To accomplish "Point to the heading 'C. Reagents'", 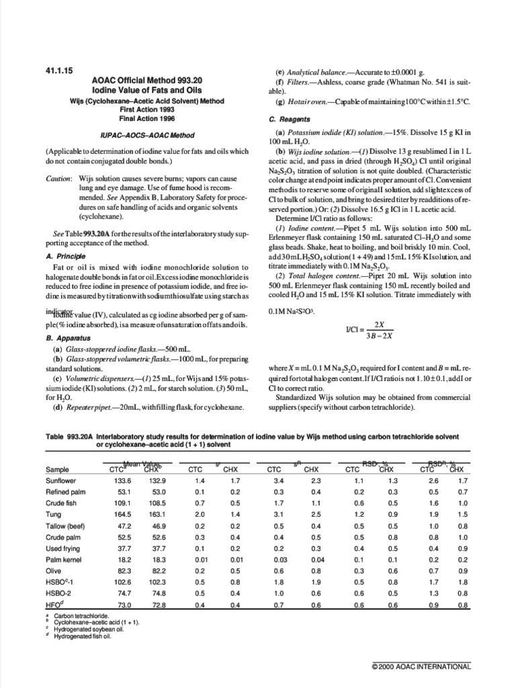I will point(288,120).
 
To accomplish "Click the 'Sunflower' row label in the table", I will point(62,481).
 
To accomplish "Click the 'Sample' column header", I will point(58,470).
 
